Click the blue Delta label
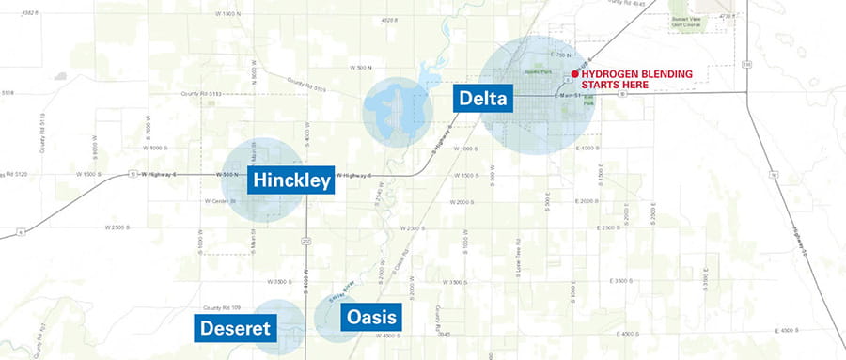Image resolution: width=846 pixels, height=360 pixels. point(483,99)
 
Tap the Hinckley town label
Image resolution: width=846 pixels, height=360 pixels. point(291,180)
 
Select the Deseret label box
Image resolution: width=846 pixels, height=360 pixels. point(235,327)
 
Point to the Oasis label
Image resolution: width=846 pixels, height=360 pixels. point(370,317)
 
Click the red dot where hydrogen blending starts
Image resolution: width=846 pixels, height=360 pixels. point(574,73)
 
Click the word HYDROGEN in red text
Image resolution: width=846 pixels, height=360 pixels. point(613,73)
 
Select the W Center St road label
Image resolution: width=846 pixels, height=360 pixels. point(220,200)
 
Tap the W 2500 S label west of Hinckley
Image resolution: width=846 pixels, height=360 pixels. point(121,227)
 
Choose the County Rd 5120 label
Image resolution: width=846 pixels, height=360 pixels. point(19,174)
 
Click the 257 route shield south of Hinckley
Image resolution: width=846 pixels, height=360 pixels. point(306,241)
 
